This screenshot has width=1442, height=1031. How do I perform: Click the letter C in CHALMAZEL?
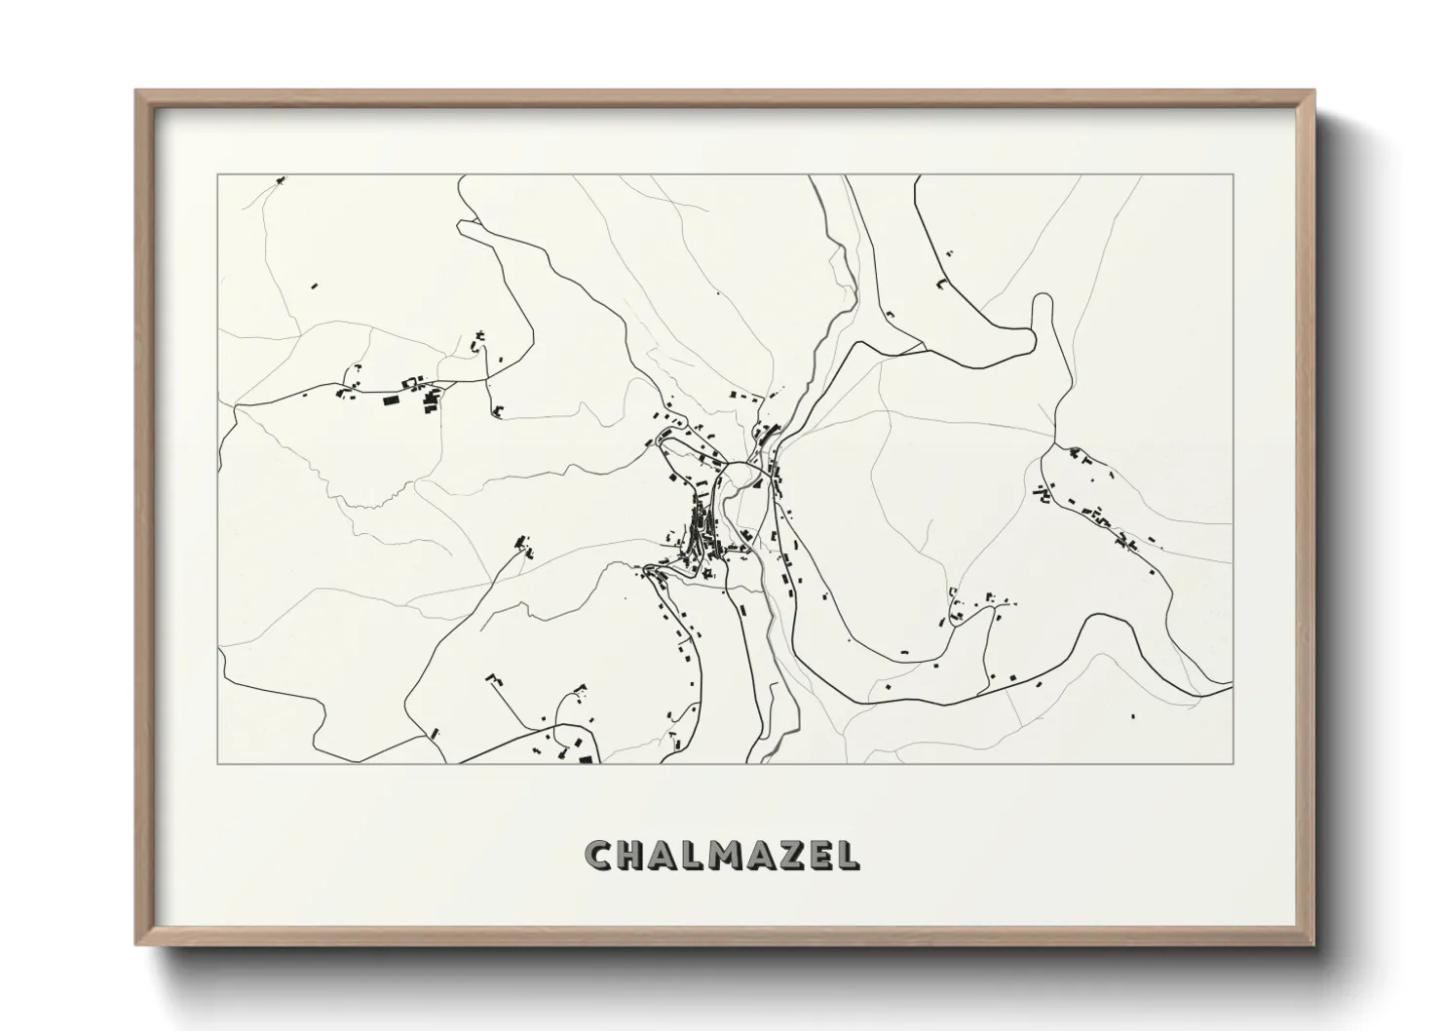(598, 856)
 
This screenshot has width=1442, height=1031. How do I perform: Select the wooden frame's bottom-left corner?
(137, 942)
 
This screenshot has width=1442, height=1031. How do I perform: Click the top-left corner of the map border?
(218, 175)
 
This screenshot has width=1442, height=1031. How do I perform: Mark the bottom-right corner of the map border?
(1233, 763)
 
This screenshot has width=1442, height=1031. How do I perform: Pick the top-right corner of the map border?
(1233, 175)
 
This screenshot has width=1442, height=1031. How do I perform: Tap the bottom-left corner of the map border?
(218, 763)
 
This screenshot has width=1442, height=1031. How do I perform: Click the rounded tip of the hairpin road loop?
(1043, 299)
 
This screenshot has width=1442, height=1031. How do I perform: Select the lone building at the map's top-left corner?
(281, 180)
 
